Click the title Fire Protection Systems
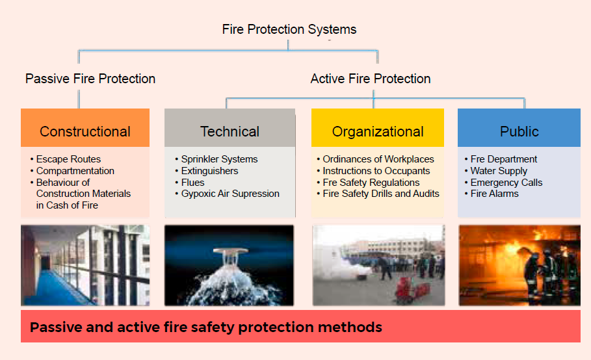pos(289,29)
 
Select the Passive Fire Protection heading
pos(90,79)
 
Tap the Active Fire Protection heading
pos(371,79)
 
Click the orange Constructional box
pos(85,127)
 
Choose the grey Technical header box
pos(230,127)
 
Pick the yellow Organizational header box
pos(378,127)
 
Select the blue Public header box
pos(519,127)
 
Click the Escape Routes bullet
pos(66,159)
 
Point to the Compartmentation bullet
pos(72,171)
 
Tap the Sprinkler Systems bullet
pos(217,159)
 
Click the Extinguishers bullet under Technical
pos(207,171)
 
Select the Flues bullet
pos(190,183)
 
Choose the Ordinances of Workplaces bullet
pos(375,159)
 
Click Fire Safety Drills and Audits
pos(378,194)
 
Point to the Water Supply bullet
pos(496,171)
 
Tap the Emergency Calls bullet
pos(504,183)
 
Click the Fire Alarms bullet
pos(492,194)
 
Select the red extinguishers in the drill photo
pos(412,290)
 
